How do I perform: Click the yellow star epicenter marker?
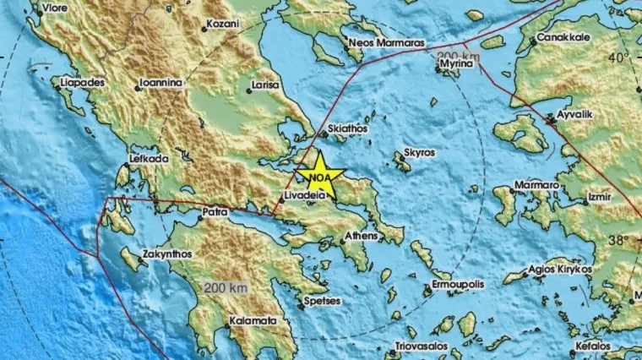319,175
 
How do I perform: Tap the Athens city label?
362,237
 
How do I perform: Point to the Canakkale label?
562,37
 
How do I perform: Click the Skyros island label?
419,153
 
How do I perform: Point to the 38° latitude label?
620,240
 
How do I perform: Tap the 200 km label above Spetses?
225,287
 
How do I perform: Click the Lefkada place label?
149,158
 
